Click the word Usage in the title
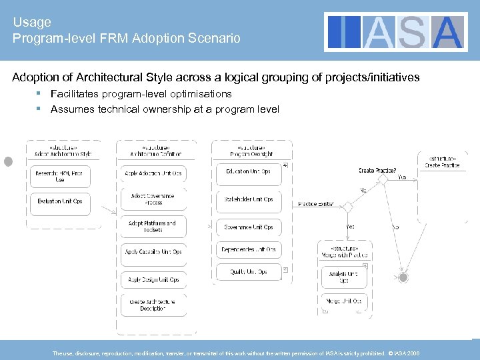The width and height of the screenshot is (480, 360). pos(30,22)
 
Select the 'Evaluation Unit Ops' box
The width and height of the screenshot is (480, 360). pos(60,201)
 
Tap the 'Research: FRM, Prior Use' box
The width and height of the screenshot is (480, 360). pos(60,177)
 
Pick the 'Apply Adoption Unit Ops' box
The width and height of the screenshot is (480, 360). pos(153,173)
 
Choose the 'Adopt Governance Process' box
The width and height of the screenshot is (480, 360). pos(153,199)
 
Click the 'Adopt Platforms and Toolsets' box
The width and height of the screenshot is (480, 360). pos(153,226)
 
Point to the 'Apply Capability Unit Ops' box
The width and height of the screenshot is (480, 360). pos(153,252)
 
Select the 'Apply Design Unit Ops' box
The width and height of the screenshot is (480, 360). pos(153,279)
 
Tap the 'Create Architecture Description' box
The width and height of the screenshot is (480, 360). pos(153,305)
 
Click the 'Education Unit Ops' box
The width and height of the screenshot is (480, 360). pos(249,171)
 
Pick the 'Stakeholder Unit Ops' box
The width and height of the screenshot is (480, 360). pos(249,199)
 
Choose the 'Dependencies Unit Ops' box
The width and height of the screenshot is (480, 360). pos(249,249)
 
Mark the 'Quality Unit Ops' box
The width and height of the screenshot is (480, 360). pos(249,272)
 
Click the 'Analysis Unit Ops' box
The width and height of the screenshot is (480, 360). pos(343,277)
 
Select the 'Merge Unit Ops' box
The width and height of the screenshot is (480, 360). pos(343,302)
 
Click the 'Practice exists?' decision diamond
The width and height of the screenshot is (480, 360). pos(347,207)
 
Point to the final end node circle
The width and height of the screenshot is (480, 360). pos(403,276)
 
